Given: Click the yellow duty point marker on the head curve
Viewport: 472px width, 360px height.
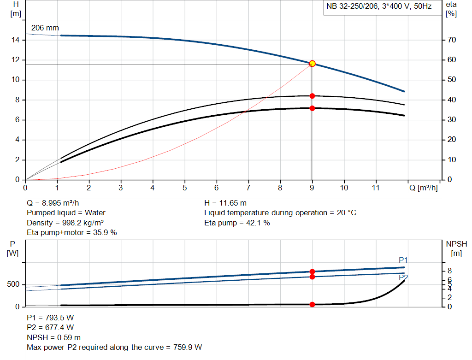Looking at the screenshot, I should (312, 63).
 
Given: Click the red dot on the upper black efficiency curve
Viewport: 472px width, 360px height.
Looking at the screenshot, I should (312, 96).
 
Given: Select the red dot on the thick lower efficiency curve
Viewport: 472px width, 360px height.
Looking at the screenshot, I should (312, 108).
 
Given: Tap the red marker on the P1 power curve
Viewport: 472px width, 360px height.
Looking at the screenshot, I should (312, 271).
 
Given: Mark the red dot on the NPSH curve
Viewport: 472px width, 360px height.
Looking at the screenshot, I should (312, 304).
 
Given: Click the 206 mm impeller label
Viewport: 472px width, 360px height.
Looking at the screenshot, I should (45, 28).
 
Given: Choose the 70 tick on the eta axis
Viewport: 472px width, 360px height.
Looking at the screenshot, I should (451, 40).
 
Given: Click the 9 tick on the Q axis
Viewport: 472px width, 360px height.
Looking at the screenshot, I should (312, 188).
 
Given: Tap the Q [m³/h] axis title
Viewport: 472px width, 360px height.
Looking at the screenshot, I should (423, 188).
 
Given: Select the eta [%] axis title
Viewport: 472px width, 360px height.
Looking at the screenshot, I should (451, 9).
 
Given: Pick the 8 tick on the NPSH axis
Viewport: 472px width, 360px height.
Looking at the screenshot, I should (450, 271).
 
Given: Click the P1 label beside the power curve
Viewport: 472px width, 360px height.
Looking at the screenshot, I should (403, 260).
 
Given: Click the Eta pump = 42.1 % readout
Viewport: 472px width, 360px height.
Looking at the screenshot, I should (237, 223).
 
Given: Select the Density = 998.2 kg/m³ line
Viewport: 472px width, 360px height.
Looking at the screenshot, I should (65, 223).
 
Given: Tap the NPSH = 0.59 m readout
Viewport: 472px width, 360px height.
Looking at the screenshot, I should (53, 337).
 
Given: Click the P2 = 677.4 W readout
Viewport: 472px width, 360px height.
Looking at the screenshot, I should (50, 328).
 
